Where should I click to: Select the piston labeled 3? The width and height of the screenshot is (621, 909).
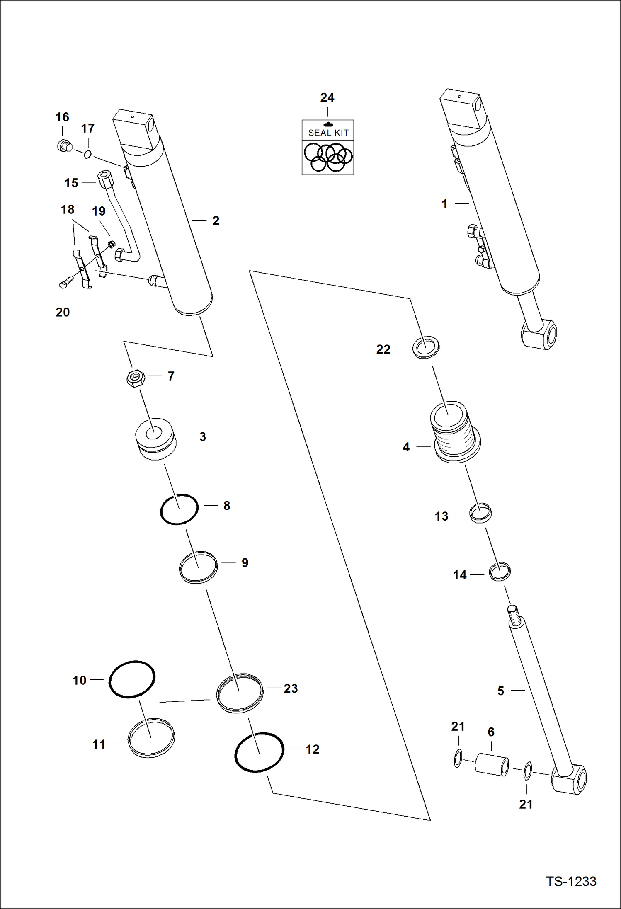155,439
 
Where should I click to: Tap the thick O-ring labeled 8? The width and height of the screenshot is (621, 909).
179,509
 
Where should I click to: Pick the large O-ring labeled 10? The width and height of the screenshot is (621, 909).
132,679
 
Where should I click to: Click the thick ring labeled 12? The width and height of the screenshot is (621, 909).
259,752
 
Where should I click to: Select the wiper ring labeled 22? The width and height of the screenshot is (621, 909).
426,347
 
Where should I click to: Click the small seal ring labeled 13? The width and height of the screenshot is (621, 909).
480,513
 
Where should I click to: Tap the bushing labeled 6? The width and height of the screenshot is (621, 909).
492,764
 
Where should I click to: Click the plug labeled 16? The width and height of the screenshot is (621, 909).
65,146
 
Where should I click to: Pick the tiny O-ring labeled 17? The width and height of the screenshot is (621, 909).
88,155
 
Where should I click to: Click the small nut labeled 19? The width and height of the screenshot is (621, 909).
111,244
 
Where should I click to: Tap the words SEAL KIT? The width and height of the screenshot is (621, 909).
328,133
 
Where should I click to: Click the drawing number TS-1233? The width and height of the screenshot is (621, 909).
571,881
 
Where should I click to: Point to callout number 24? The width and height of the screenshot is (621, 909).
327,98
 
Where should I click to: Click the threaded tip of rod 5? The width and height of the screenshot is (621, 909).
513,615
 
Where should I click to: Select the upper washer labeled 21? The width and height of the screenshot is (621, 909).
458,759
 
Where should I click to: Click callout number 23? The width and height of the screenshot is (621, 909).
291,688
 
